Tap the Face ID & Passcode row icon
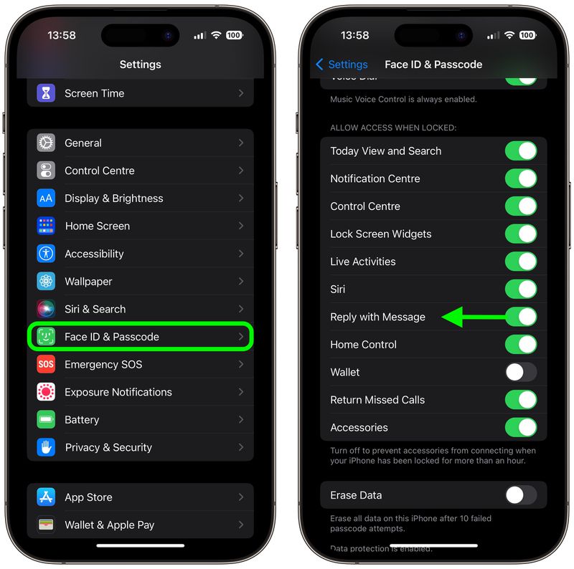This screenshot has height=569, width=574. [46, 337]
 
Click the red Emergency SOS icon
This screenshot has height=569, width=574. [46, 364]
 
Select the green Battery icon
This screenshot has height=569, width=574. [46, 420]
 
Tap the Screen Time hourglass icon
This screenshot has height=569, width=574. [46, 93]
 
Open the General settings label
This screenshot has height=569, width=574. [83, 143]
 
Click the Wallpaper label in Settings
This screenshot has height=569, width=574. [88, 282]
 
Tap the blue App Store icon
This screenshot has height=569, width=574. [46, 497]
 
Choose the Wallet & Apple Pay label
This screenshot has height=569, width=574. [109, 525]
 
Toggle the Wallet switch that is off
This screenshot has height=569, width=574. [521, 372]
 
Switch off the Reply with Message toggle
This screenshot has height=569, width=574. [521, 317]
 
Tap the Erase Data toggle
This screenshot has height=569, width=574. [521, 495]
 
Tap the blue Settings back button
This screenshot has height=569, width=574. [342, 64]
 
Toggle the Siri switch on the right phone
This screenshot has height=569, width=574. [521, 289]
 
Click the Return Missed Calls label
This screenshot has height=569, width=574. [377, 400]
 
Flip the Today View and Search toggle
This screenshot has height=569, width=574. [521, 150]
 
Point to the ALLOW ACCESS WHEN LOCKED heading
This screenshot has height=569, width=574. [393, 128]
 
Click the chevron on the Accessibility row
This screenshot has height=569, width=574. [241, 254]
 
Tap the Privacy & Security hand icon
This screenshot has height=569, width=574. [46, 447]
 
